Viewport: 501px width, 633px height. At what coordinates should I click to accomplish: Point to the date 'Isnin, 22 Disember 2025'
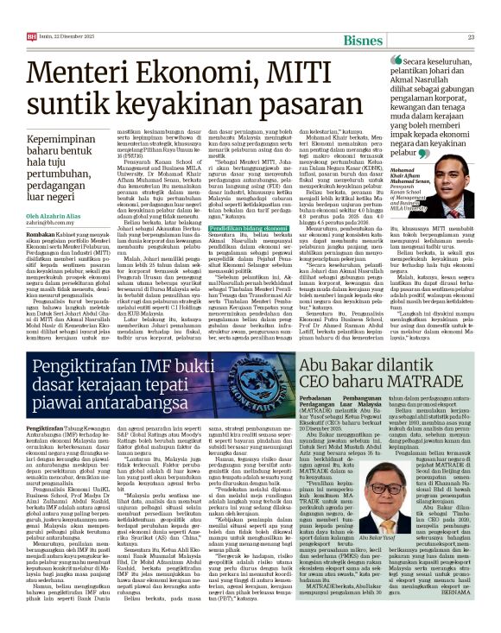point(72,37)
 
